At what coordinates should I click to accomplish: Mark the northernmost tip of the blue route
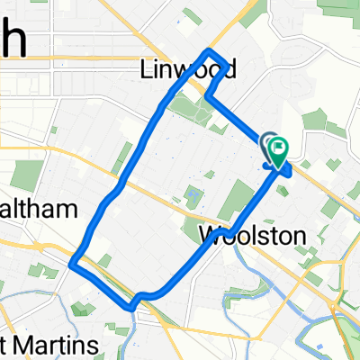pyautogui.click(x=210, y=50)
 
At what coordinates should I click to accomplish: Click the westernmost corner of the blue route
pyautogui.click(x=71, y=263)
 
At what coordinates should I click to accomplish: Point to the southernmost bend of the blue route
pyautogui.click(x=133, y=307)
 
